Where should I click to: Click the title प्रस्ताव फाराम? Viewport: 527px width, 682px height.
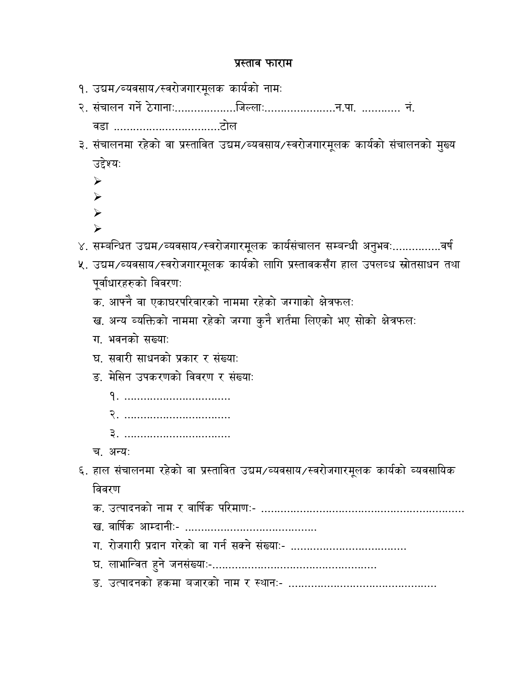(x=263, y=63)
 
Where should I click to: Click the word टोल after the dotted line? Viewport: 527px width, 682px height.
(x=229, y=126)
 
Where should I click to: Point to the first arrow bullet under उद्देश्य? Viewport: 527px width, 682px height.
(x=98, y=181)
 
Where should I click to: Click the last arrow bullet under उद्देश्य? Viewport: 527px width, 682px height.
(x=98, y=228)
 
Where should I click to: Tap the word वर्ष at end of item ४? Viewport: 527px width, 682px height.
(x=446, y=247)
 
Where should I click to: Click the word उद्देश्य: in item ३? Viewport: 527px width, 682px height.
(x=107, y=164)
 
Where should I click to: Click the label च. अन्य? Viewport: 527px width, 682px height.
(x=112, y=452)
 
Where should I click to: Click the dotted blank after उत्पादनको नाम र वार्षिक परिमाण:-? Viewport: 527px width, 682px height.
(x=363, y=511)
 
